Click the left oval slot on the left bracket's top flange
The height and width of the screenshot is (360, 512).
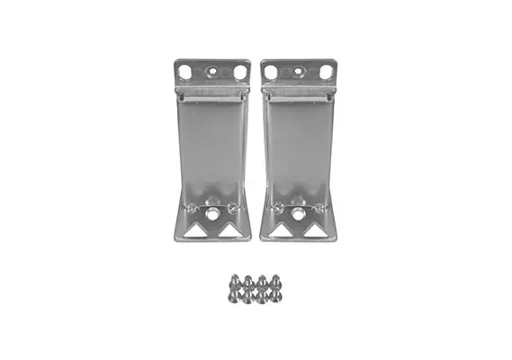[x=184, y=70]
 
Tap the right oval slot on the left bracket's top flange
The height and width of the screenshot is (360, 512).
[x=240, y=70]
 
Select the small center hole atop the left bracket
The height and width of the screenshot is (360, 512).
[x=212, y=68]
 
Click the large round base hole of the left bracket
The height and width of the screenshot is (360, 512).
[x=211, y=216]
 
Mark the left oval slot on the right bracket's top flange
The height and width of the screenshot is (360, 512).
[x=270, y=70]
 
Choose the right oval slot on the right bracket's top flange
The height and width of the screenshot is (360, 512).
[x=326, y=69]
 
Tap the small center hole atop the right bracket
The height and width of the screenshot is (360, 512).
[x=298, y=68]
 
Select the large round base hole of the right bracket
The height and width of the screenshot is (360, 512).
[x=297, y=216]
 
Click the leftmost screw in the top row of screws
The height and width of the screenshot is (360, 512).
[x=232, y=281]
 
